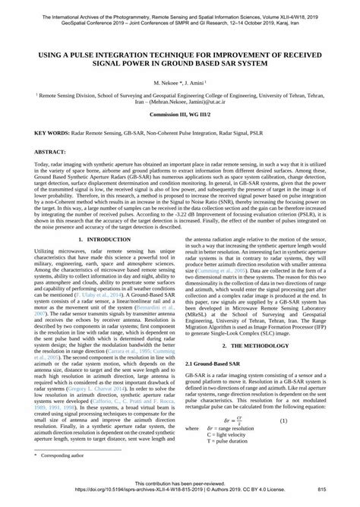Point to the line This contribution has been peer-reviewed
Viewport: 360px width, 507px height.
180,484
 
